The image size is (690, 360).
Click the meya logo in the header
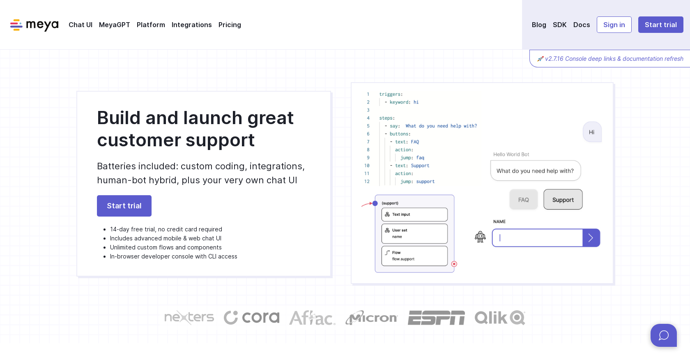click(34, 25)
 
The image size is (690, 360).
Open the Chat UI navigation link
click(80, 25)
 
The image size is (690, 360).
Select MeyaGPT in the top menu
click(114, 25)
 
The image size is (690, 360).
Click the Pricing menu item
click(230, 25)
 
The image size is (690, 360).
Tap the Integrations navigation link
click(191, 25)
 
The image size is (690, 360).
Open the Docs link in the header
click(581, 25)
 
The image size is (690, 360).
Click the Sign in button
click(614, 25)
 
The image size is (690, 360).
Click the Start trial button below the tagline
click(124, 206)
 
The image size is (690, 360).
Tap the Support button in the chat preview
click(563, 200)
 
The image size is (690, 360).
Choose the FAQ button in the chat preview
click(523, 200)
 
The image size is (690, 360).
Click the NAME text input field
click(537, 238)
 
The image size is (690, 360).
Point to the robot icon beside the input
click(480, 237)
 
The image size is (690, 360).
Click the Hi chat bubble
click(592, 132)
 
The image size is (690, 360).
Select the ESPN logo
click(436, 318)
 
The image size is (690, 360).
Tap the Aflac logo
click(312, 318)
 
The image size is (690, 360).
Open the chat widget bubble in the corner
click(663, 335)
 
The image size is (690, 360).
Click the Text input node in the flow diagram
click(414, 215)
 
